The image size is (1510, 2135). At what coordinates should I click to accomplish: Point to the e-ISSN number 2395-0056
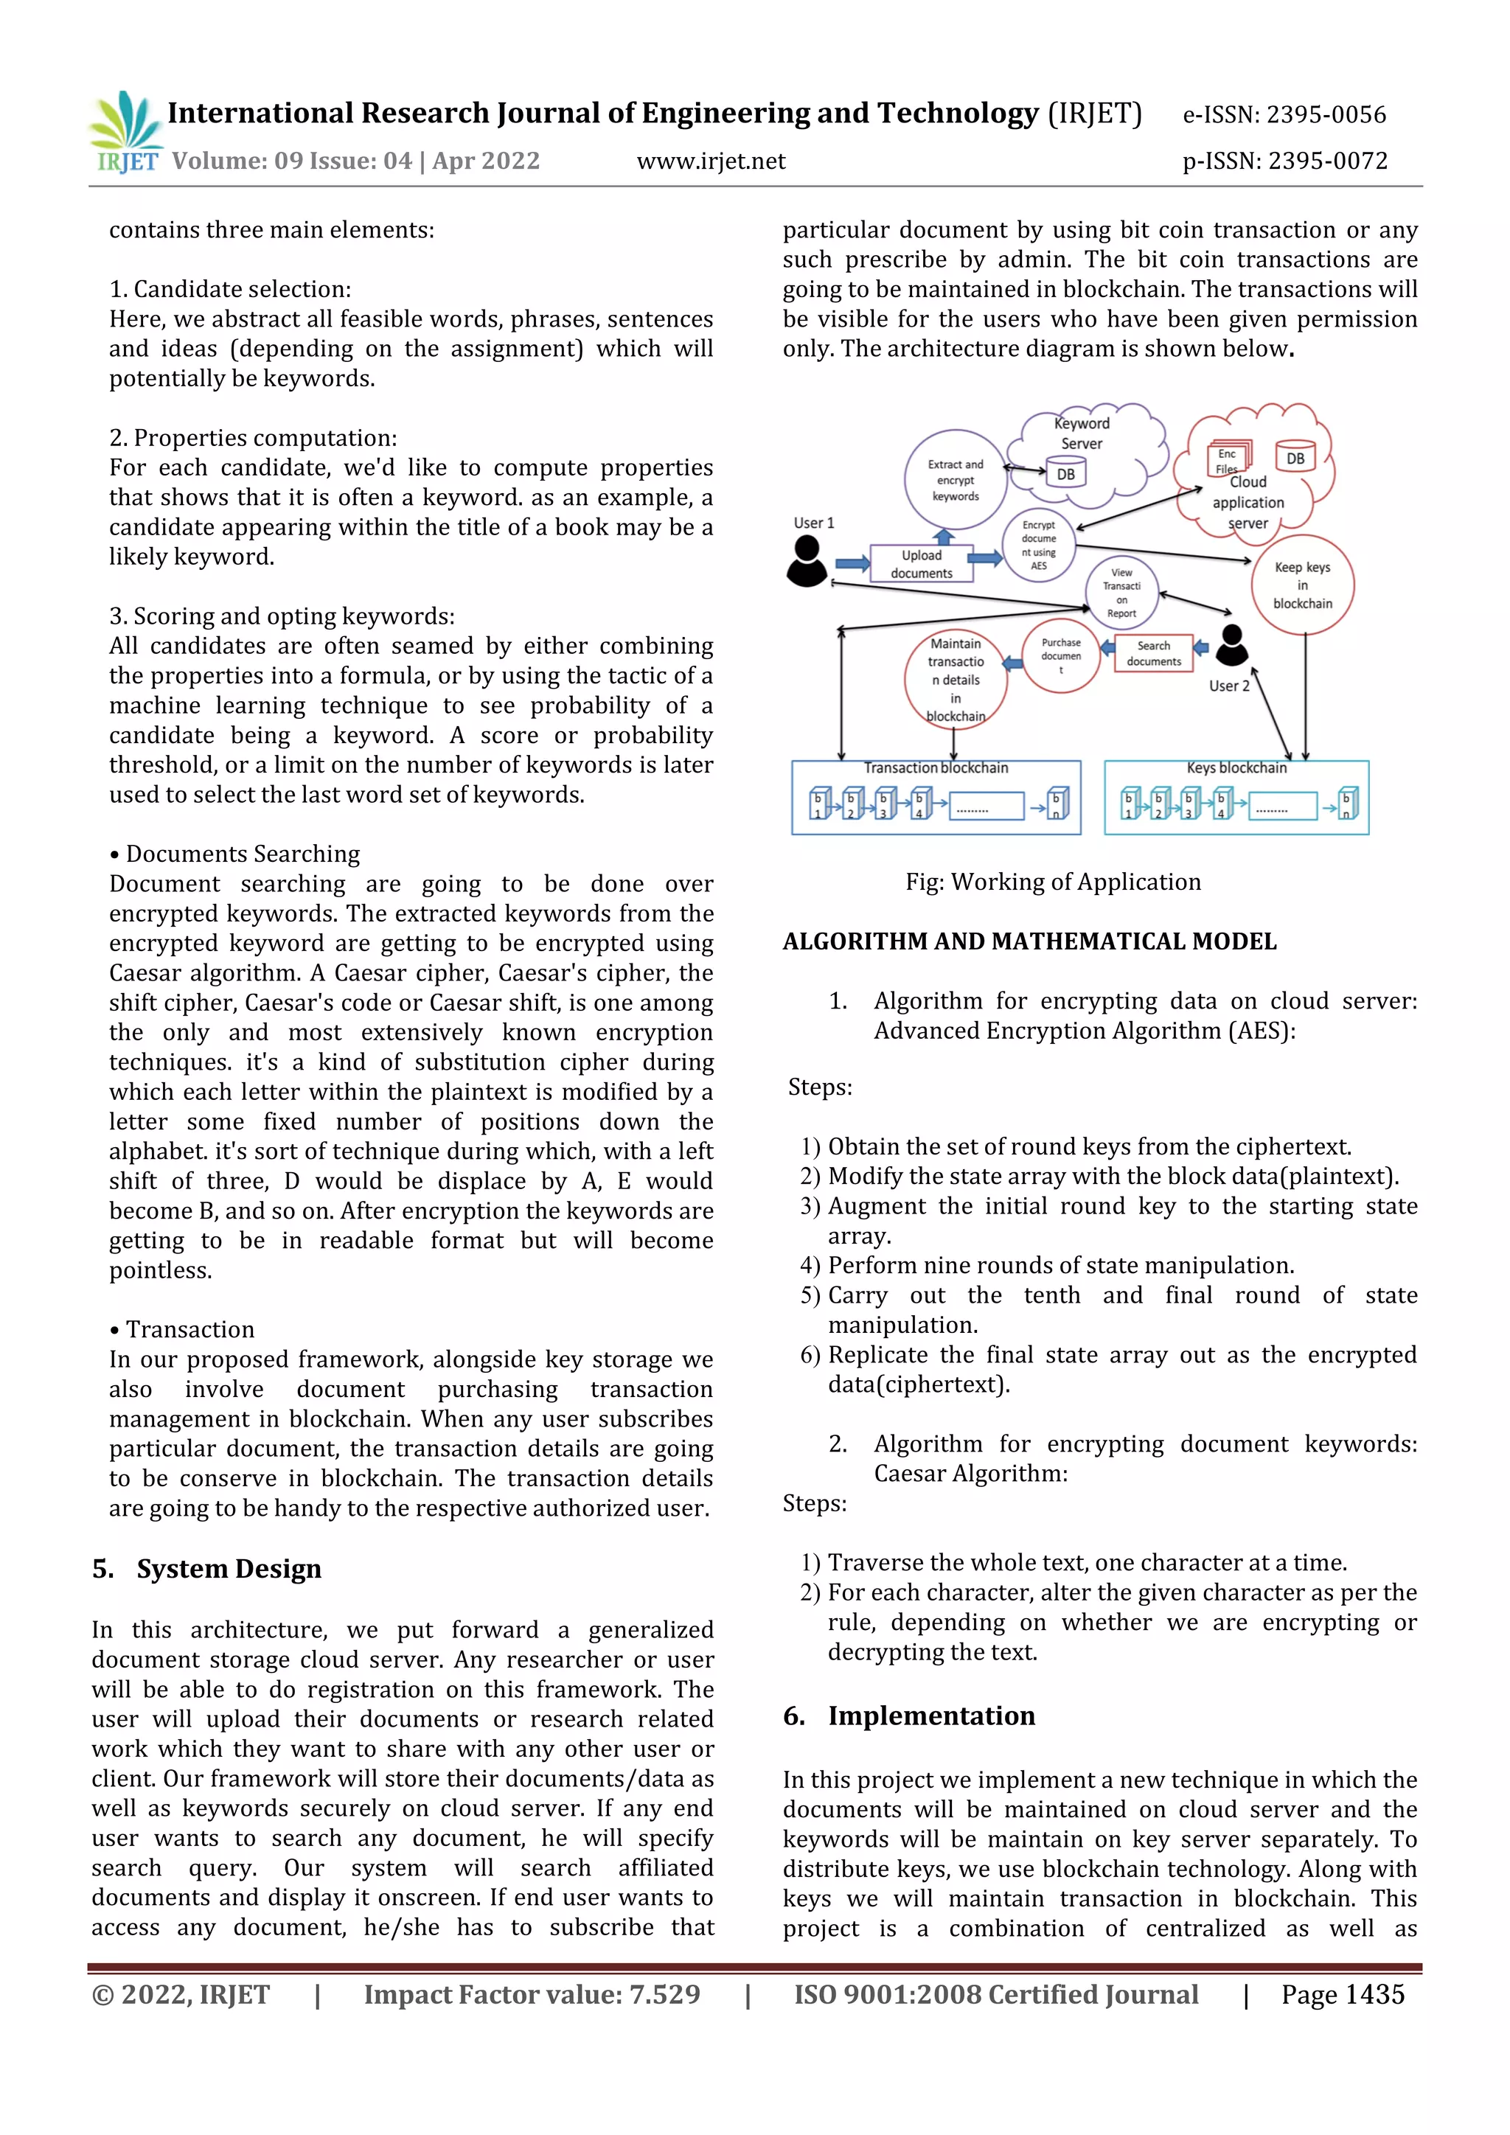[1284, 115]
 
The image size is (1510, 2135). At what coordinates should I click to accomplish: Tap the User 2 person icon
[1232, 645]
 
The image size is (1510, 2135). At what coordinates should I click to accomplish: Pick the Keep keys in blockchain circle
[1302, 585]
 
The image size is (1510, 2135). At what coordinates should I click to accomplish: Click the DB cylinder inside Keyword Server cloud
[1065, 473]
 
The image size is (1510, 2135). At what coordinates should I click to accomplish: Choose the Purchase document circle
[1061, 655]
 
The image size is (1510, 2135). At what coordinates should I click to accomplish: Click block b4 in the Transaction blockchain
[919, 804]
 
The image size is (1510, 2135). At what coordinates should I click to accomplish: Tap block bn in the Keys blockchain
[1347, 804]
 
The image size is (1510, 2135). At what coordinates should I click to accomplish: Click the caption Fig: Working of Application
[1053, 882]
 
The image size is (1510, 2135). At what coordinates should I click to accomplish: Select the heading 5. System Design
[207, 1569]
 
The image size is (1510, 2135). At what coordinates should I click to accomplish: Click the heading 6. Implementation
[908, 1716]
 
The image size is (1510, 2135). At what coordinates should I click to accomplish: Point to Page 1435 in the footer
[1342, 1995]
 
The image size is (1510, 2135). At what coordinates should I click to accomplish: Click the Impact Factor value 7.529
[532, 1995]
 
